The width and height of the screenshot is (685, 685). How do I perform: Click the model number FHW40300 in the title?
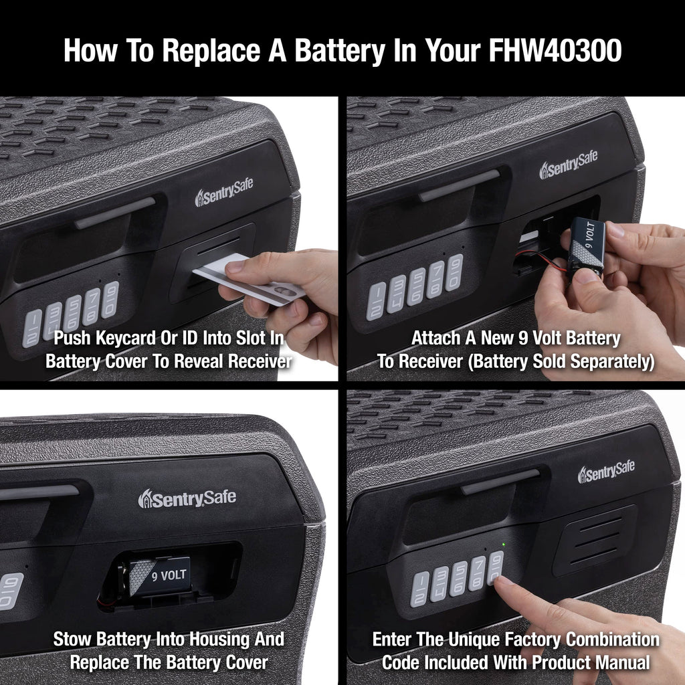555,50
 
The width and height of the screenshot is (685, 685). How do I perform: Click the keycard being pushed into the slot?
249,280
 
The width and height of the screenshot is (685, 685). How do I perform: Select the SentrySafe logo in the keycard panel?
224,192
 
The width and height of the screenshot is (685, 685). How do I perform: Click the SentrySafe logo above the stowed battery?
187,498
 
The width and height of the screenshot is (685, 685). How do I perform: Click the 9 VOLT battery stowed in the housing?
160,576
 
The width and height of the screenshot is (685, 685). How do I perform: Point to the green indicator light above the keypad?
504,545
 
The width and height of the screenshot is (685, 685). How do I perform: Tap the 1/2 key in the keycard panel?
32,328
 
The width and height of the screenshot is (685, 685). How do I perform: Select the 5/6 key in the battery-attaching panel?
416,286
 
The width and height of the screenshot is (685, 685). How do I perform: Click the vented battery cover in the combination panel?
595,541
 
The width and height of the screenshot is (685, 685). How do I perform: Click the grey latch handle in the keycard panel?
115,213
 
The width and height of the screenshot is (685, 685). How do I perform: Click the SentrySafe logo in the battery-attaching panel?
569,165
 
